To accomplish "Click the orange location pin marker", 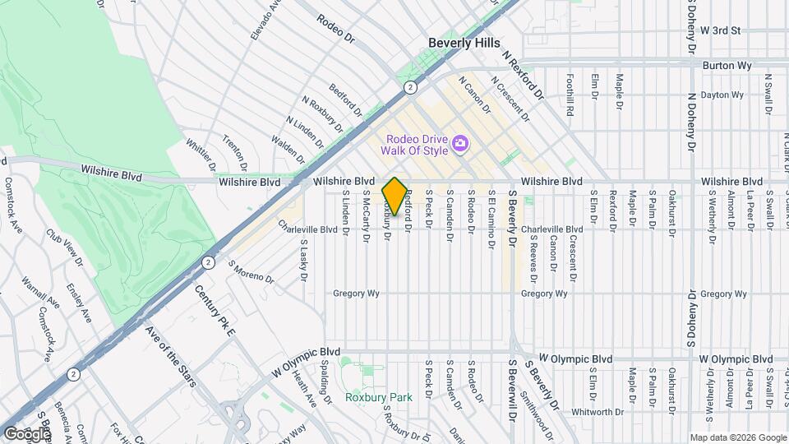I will (x=394, y=197).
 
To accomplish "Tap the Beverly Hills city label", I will (x=464, y=43).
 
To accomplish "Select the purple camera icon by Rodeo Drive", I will (x=460, y=145).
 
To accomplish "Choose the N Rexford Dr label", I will (x=524, y=75).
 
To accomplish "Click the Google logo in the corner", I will (x=27, y=433).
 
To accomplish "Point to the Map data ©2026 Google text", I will (x=737, y=437).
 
